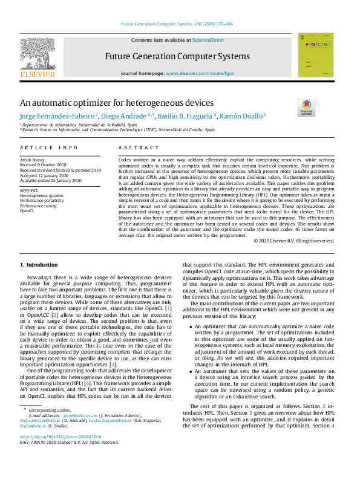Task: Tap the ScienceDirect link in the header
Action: point(208,40)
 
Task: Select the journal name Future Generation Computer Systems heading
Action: point(177,56)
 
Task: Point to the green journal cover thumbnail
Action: point(315,55)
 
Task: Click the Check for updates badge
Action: point(307,107)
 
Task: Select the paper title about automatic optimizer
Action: point(117,103)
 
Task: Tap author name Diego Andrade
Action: point(116,116)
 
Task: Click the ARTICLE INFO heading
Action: point(49,148)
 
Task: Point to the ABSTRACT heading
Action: point(131,148)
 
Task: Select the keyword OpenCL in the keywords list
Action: point(28,212)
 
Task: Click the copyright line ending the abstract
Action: point(294,258)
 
